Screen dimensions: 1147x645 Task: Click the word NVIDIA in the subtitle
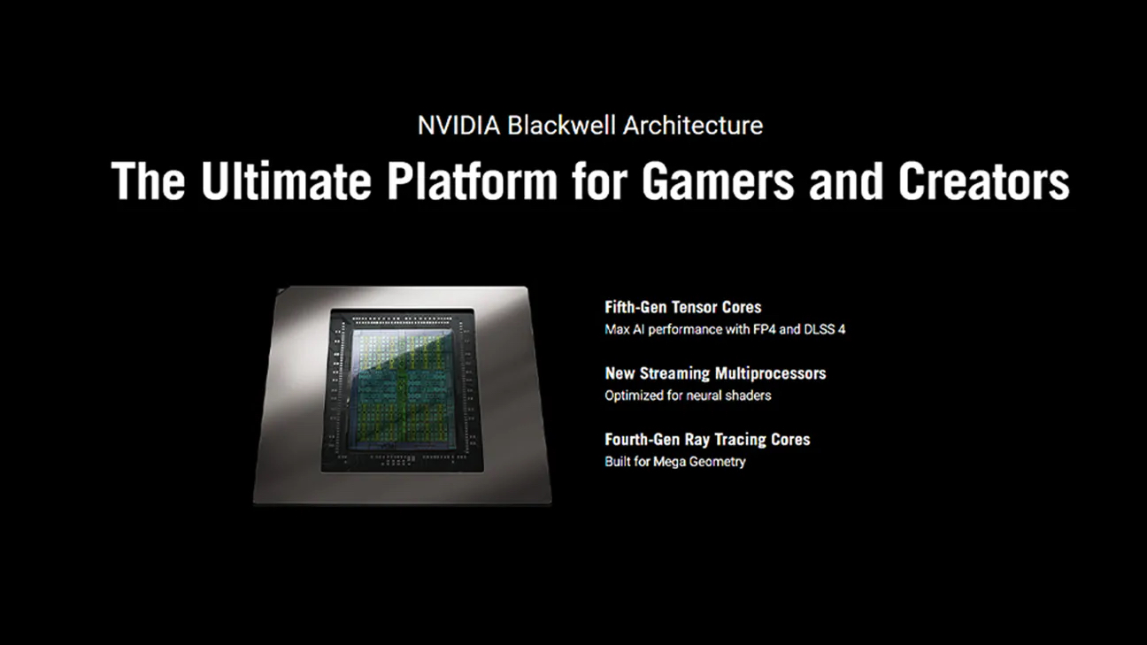tap(458, 126)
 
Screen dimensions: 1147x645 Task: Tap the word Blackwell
tap(561, 126)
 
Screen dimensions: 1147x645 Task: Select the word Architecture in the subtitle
tap(693, 126)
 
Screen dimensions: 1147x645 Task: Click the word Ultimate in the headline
tap(286, 180)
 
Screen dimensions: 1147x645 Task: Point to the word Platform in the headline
tap(472, 180)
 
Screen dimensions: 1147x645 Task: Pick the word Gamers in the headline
tap(718, 180)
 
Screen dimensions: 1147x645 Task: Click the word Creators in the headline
tap(983, 180)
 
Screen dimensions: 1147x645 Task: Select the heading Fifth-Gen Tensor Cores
tap(682, 307)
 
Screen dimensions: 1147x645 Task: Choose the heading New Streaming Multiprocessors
tap(715, 373)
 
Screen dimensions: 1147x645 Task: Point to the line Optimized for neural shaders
tap(688, 395)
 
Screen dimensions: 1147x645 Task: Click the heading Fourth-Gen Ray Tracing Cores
tap(707, 439)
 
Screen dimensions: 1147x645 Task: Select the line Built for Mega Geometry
tap(675, 462)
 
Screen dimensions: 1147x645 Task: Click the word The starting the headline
tap(148, 180)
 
